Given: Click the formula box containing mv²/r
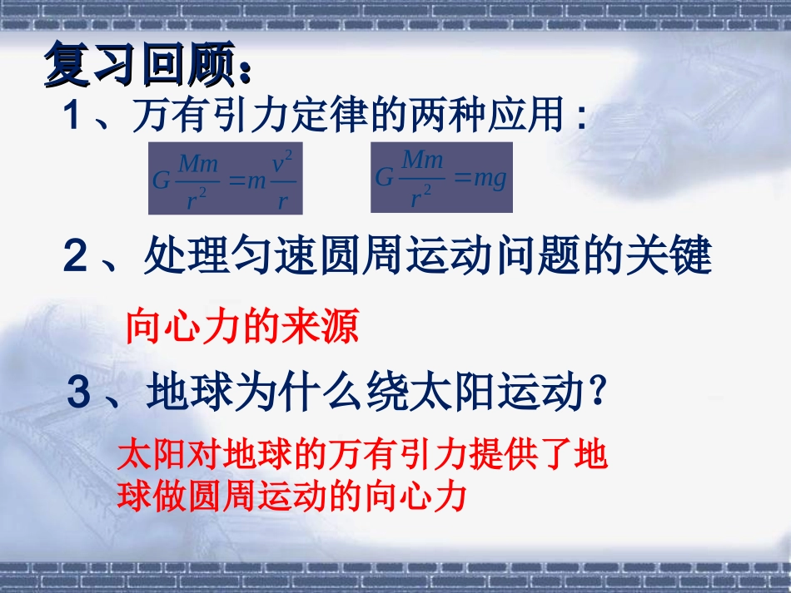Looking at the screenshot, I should click(x=226, y=179).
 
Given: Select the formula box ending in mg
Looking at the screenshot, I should click(x=441, y=177).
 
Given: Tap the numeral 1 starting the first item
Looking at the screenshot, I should click(x=73, y=118).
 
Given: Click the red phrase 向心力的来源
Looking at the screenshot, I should click(x=241, y=328).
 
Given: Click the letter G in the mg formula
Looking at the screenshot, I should click(x=385, y=178).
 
